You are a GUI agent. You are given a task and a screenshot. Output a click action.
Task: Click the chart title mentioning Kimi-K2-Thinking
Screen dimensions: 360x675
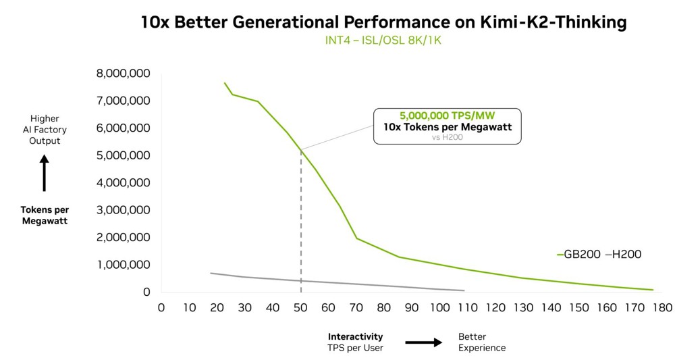(x=383, y=22)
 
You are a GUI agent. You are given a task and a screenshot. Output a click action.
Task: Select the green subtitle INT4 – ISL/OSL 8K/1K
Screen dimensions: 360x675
(x=383, y=41)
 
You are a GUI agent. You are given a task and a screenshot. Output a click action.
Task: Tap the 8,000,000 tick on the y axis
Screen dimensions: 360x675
(x=123, y=73)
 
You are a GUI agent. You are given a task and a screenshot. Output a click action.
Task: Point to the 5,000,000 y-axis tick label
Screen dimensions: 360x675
(x=123, y=155)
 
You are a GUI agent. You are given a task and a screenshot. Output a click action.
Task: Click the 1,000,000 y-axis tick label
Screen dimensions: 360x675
(x=123, y=265)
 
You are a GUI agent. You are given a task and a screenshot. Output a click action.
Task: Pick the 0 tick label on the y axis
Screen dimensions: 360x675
(x=146, y=292)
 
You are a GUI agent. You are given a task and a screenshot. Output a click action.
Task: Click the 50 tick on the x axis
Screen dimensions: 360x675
(x=300, y=308)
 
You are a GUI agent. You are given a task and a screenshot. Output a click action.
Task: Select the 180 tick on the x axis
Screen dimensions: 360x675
(x=663, y=308)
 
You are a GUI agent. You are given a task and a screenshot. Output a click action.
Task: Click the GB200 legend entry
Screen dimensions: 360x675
(x=578, y=255)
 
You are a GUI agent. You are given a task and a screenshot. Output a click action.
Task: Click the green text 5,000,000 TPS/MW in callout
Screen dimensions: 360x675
(x=448, y=115)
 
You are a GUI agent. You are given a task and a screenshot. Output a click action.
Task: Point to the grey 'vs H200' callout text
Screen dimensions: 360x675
(x=448, y=136)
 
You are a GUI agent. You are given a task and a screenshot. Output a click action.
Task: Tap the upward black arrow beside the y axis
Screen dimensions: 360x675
(x=45, y=173)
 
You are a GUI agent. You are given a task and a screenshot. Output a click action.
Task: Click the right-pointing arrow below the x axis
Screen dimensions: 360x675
(x=423, y=342)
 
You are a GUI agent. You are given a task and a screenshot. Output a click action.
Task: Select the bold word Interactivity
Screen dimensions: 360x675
(x=355, y=336)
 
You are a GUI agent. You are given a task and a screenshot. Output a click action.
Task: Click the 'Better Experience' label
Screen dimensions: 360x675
(x=481, y=342)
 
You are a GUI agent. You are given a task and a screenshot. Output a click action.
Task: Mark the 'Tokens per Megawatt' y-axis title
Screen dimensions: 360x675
(x=45, y=215)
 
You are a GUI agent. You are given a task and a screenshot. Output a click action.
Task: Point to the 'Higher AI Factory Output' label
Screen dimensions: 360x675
(x=45, y=130)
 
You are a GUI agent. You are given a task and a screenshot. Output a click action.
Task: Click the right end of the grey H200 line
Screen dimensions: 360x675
(x=464, y=290)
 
